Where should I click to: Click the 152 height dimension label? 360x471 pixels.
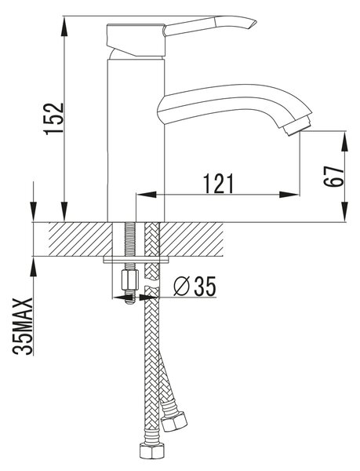click(x=54, y=119)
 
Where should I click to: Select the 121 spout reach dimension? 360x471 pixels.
click(x=218, y=183)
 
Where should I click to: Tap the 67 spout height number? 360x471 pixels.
click(x=333, y=177)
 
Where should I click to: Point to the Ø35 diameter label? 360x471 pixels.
click(x=195, y=287)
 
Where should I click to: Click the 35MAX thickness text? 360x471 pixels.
click(x=22, y=327)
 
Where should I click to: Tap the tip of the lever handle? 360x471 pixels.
click(x=256, y=22)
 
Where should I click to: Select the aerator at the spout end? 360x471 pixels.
click(x=296, y=126)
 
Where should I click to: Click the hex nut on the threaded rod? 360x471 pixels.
click(x=129, y=279)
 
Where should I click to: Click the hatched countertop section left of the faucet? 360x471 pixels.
click(x=80, y=239)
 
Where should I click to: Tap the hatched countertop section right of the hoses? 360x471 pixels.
click(x=191, y=239)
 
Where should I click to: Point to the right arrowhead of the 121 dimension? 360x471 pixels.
click(x=289, y=195)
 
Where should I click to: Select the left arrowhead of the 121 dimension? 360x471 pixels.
click(x=147, y=195)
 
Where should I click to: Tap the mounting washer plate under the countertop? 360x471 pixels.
click(x=136, y=260)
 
